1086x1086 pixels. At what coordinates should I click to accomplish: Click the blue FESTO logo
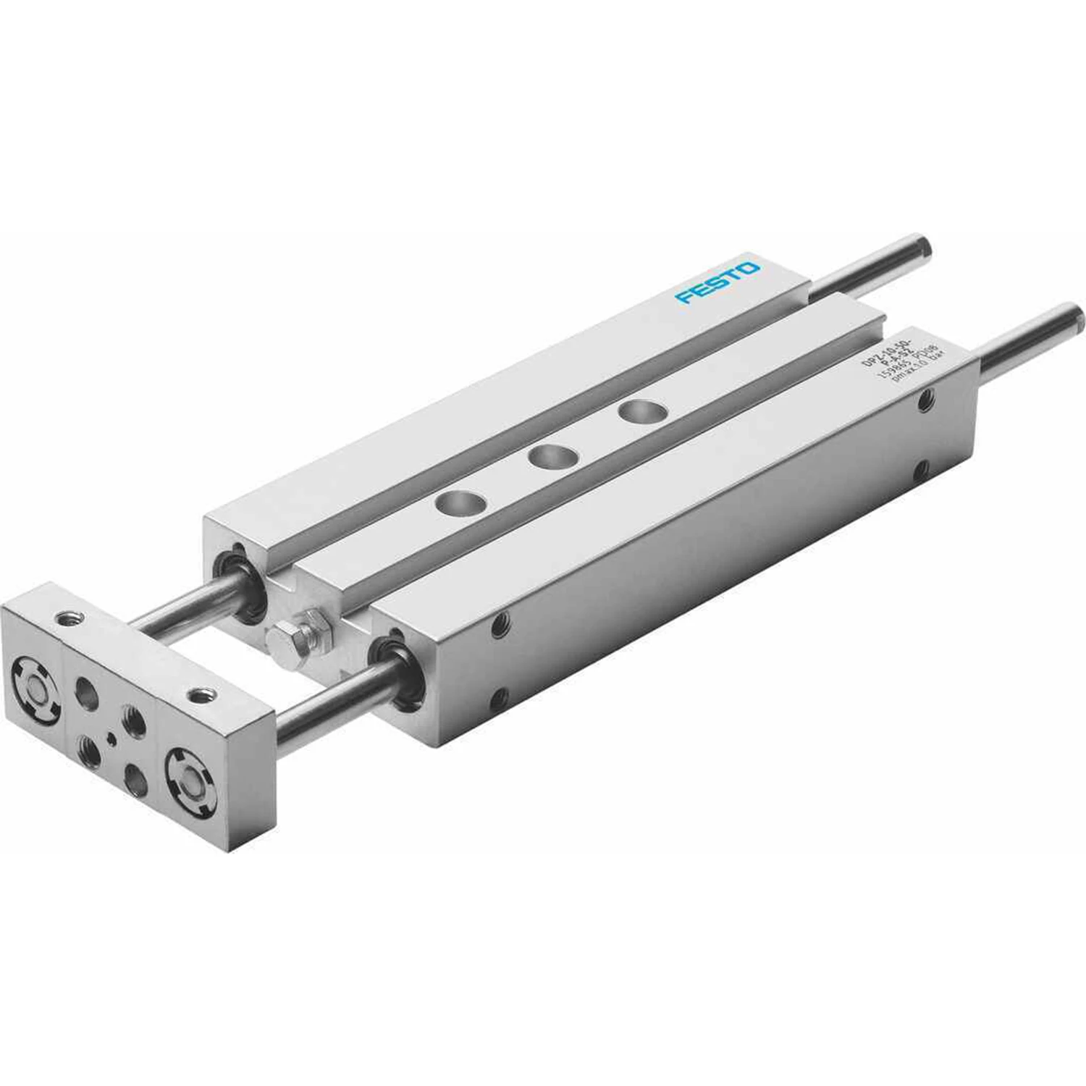pyautogui.click(x=717, y=284)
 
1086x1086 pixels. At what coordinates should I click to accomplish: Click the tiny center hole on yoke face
pyautogui.click(x=110, y=738)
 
